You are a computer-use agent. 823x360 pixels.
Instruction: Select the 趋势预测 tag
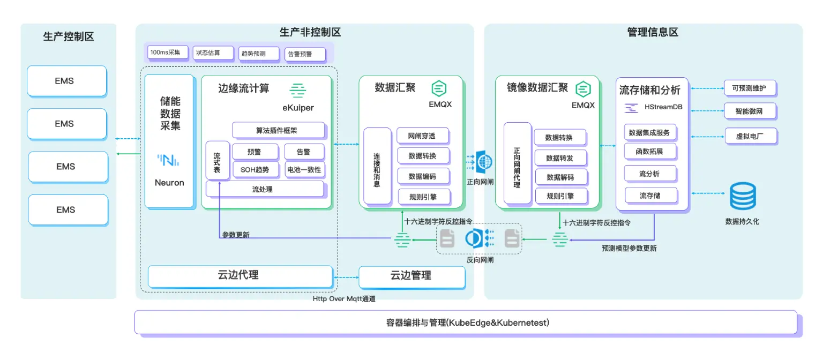pos(259,54)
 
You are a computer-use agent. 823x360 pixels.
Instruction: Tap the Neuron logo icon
pos(168,160)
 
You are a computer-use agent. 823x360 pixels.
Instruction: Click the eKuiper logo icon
pos(298,89)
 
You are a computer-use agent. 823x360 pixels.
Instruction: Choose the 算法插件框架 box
pos(278,130)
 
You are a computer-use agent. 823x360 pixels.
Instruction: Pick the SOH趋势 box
pos(255,170)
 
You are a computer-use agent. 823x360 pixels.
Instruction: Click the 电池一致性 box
pos(303,170)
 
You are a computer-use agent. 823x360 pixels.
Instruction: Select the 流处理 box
pos(265,189)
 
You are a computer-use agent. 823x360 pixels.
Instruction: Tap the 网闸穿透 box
pos(422,136)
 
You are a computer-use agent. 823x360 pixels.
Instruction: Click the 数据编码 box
pos(422,176)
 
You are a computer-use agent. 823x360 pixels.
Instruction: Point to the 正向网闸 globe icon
pos(484,161)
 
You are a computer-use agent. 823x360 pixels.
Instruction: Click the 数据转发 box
pos(559,158)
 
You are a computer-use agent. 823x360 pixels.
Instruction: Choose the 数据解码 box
pos(560,177)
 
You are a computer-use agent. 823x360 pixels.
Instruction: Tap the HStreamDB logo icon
pos(632,108)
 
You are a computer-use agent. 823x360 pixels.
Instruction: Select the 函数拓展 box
pos(649,152)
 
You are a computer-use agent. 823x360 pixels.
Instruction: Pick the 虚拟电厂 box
pos(750,136)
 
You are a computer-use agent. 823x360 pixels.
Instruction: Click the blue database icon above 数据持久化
pos(743,196)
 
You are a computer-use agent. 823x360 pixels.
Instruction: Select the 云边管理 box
pos(411,276)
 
